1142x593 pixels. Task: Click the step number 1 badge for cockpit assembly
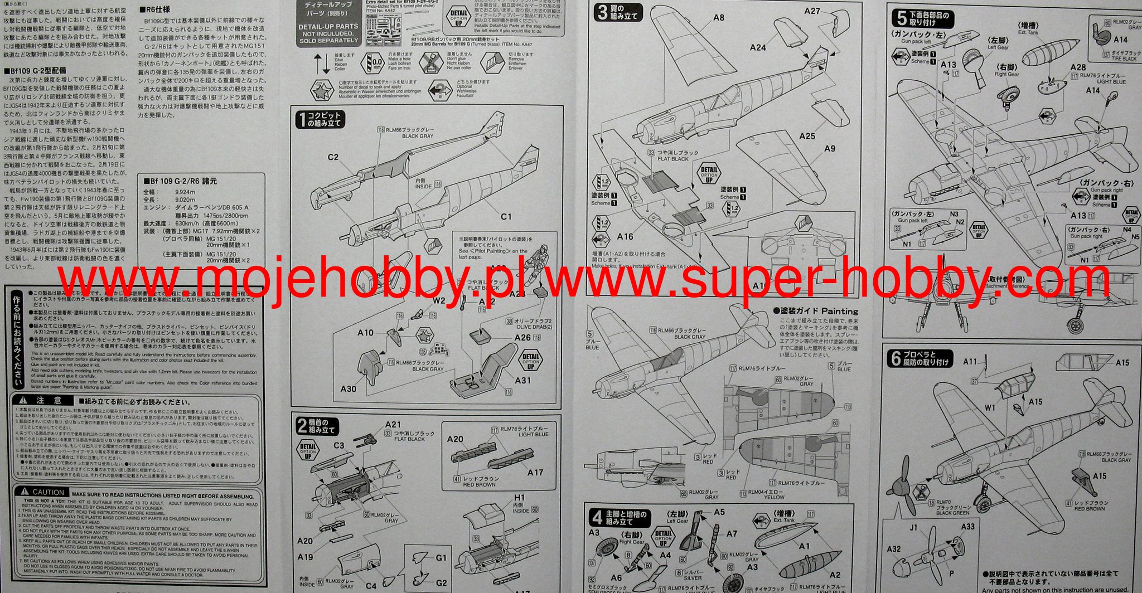302,119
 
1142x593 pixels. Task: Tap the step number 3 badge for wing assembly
602,12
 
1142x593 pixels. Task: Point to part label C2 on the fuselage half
333,157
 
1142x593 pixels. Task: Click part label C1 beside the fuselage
506,216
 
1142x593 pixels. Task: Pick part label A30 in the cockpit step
348,388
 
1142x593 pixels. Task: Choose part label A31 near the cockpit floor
522,380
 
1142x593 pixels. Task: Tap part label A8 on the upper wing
719,18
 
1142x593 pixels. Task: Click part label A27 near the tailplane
812,11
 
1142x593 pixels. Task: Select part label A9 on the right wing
830,148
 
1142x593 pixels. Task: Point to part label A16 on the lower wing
625,237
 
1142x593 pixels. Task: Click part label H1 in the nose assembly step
519,497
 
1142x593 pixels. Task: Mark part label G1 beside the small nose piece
441,557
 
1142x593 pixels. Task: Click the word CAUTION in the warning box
49,492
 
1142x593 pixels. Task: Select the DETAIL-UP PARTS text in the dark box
328,26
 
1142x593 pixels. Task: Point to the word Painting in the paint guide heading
839,311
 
